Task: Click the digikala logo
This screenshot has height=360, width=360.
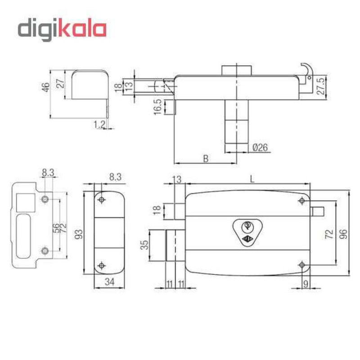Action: click(x=62, y=29)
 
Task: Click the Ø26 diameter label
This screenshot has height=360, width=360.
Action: click(x=260, y=148)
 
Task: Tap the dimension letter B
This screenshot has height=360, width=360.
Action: click(x=206, y=158)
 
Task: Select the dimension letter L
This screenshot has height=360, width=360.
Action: click(x=252, y=179)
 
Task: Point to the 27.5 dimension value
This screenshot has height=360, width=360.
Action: click(x=321, y=86)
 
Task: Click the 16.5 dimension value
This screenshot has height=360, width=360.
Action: click(x=158, y=107)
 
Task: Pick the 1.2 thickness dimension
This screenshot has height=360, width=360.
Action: click(x=99, y=124)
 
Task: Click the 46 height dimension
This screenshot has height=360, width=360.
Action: click(x=46, y=87)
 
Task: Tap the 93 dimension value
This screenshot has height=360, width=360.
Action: click(x=79, y=234)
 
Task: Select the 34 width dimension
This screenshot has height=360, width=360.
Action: click(x=109, y=282)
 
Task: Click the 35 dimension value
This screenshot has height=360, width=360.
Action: click(x=144, y=245)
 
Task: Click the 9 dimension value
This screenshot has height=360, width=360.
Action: click(x=306, y=284)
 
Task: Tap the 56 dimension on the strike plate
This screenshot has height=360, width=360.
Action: click(x=56, y=228)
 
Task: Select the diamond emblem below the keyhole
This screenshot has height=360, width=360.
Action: click(x=247, y=239)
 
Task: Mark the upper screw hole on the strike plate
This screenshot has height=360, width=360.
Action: click(x=45, y=199)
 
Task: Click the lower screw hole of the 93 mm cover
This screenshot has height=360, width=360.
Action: click(x=102, y=265)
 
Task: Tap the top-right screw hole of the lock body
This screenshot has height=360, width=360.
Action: click(x=302, y=201)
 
